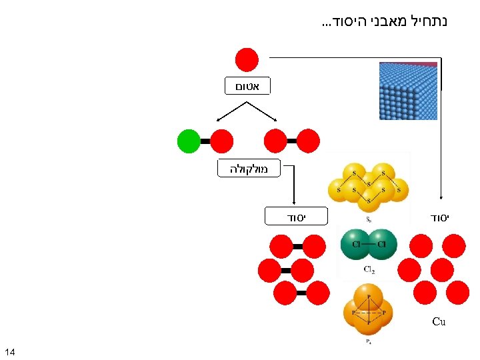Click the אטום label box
coord(247,85)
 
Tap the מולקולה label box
coord(249,169)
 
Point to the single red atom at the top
coord(247,59)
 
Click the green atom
coord(189,141)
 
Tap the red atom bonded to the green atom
coord(222,141)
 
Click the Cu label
coord(438,322)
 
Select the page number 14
coord(10,351)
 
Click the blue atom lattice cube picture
coord(408,91)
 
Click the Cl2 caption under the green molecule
coord(368,270)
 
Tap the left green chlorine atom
coord(355,244)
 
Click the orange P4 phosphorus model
coord(369,311)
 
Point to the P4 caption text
coord(368,342)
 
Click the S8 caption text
coord(368,218)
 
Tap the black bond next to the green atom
coord(205,141)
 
